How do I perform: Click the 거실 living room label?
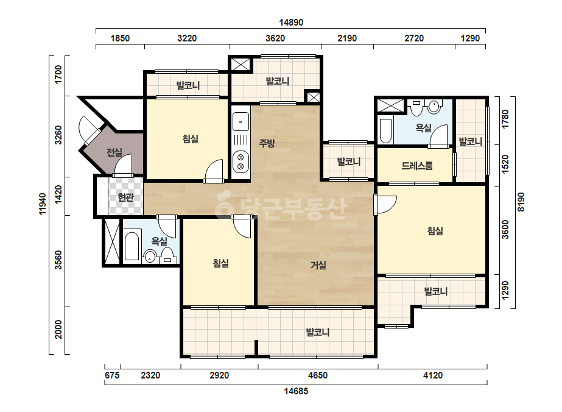(318, 265)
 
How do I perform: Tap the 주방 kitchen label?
(267, 143)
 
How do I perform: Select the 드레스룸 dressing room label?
(417, 165)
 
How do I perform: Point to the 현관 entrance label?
(126, 197)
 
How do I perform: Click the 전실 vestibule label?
(114, 152)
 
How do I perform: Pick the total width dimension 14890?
(291, 23)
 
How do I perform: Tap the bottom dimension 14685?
(296, 391)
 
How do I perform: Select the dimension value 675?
(112, 375)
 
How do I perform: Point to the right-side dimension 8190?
(521, 202)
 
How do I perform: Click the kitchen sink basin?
(241, 122)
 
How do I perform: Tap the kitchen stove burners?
(241, 162)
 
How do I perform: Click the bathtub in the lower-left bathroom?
(132, 247)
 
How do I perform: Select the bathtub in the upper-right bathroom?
(385, 130)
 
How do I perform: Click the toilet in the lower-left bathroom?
(150, 256)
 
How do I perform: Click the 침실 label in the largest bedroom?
(435, 230)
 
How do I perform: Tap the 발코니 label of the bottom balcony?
(318, 332)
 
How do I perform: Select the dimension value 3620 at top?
(275, 38)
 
